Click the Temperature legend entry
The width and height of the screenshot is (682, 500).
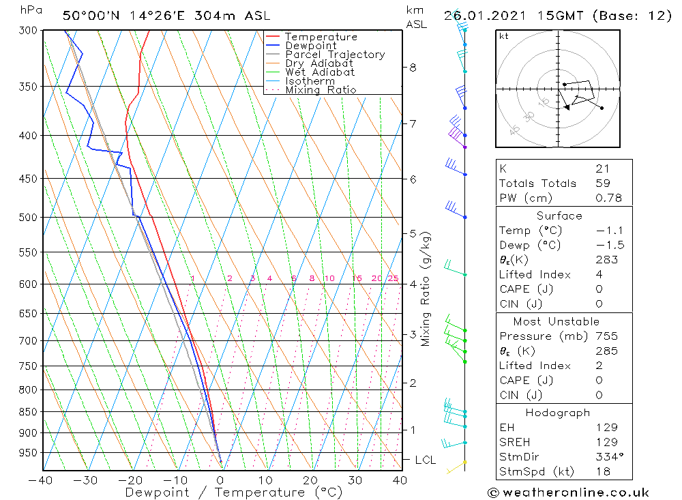(x=321, y=37)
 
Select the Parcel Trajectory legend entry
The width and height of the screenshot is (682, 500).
(x=335, y=55)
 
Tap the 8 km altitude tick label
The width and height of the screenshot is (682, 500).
(x=413, y=68)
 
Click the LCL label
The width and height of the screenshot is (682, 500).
(x=425, y=460)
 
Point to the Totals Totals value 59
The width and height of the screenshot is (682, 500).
(x=603, y=183)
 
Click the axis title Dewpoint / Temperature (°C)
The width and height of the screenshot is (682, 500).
(x=233, y=492)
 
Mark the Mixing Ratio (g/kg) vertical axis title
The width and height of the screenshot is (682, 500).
(x=426, y=289)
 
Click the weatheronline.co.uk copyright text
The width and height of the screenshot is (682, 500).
(x=568, y=492)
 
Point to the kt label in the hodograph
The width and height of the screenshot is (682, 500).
(x=504, y=36)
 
